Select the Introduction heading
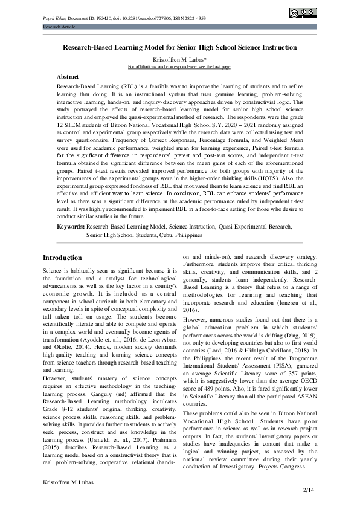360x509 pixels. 63,257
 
